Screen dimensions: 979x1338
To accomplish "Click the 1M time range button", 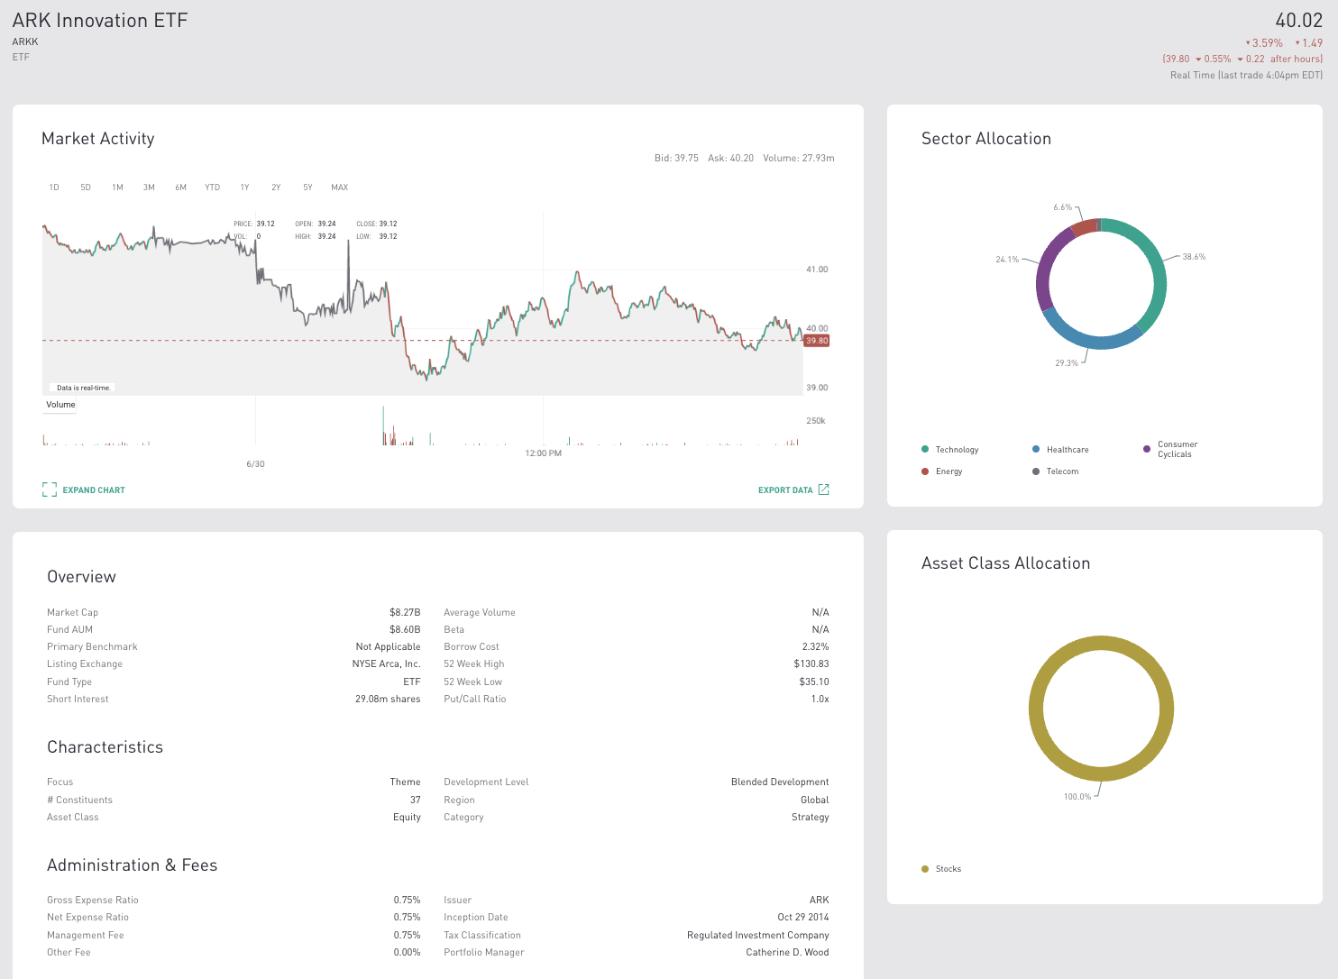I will click(x=117, y=188).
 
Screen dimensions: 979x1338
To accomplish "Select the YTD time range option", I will click(x=212, y=188).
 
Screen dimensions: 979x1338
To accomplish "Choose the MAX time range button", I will click(x=339, y=188).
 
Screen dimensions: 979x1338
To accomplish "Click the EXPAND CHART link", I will click(x=84, y=490).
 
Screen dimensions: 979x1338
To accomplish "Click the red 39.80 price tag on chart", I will click(x=817, y=341).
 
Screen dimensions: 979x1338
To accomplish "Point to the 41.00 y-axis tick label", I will click(x=817, y=270).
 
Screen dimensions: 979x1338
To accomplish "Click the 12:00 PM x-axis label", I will click(x=543, y=453).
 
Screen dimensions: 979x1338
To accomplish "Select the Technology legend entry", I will click(x=956, y=450).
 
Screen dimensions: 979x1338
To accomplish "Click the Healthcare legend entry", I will click(x=1067, y=450).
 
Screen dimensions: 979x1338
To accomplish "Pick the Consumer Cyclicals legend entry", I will click(x=1177, y=450).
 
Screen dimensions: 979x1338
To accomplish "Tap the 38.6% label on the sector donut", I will click(x=1194, y=257).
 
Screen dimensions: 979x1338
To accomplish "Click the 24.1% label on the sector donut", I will click(x=1007, y=260).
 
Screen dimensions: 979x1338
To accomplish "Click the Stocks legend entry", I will click(x=948, y=869).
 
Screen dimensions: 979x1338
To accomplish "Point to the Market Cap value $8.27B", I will click(x=405, y=613).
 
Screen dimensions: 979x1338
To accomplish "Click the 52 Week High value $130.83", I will click(x=811, y=664).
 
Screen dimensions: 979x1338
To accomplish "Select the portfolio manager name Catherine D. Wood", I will click(x=787, y=953).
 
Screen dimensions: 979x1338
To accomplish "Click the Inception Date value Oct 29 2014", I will click(x=802, y=918).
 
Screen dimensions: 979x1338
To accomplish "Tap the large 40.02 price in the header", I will click(x=1298, y=21).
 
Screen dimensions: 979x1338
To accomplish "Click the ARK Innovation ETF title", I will click(x=100, y=21).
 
